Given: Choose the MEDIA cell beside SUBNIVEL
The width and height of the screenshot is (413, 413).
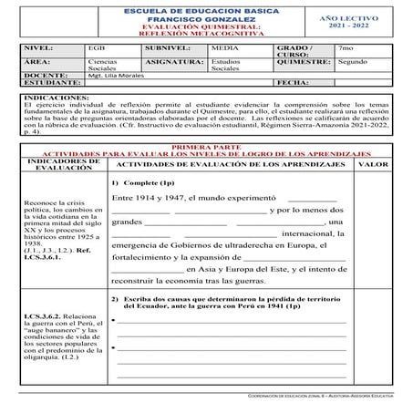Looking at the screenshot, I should point(223,46).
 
